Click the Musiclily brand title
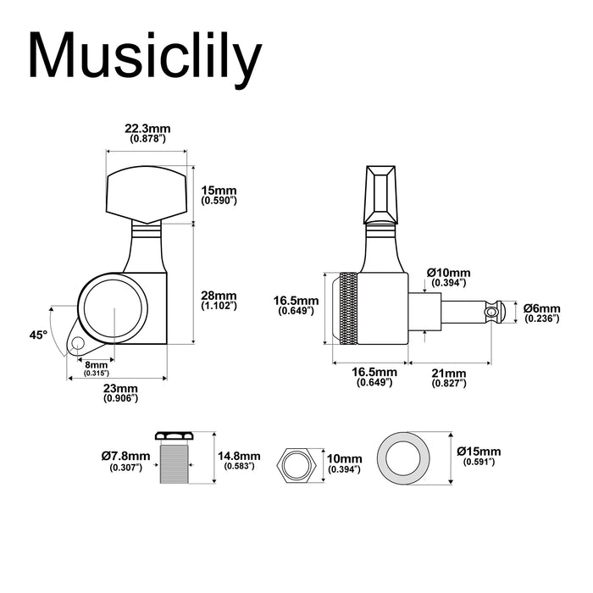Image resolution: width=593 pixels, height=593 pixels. point(143,58)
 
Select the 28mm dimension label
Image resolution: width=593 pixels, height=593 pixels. point(219,300)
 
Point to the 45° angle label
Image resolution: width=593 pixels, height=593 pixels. point(37,335)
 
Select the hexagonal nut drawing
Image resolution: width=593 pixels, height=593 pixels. point(296,465)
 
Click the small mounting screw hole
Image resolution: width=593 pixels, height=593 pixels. point(78,345)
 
